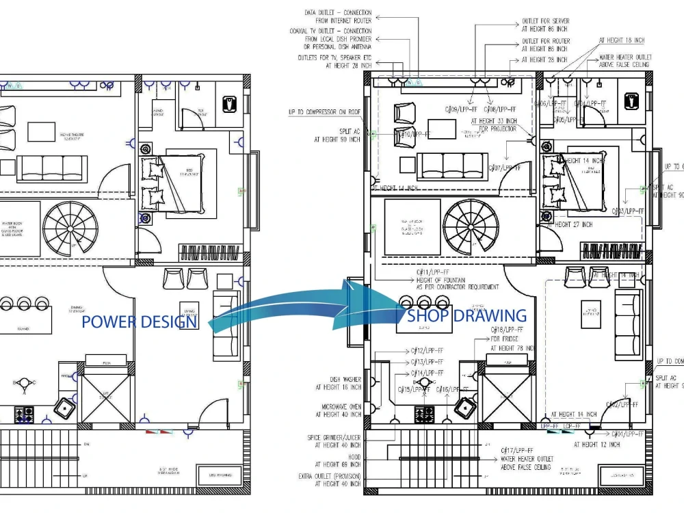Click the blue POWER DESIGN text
(x=140, y=321)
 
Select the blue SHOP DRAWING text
(x=467, y=315)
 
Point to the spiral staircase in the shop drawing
(x=471, y=226)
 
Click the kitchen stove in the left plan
(x=24, y=415)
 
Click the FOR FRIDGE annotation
(x=505, y=339)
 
